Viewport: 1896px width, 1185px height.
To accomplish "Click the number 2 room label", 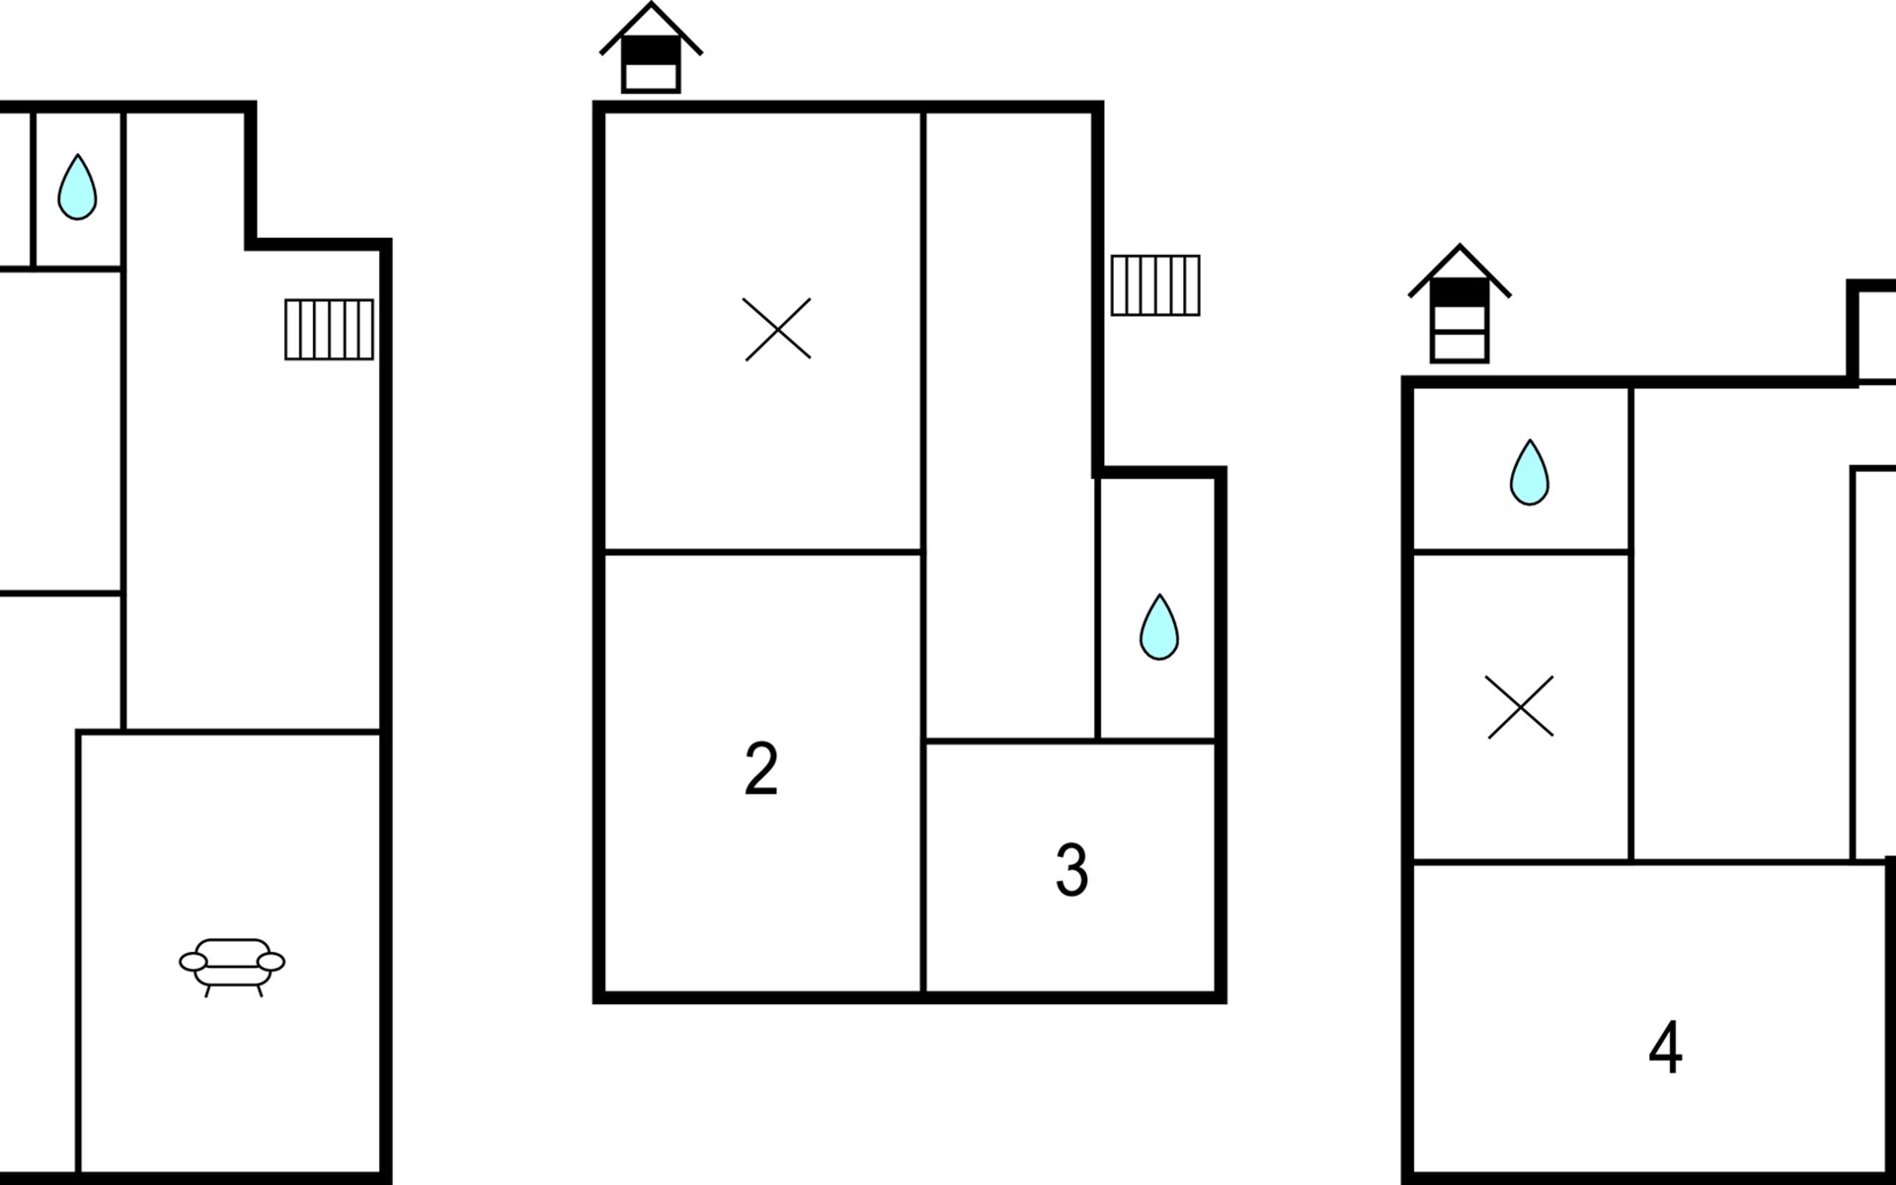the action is (x=761, y=768).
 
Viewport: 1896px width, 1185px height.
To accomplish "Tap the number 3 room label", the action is (x=1071, y=870).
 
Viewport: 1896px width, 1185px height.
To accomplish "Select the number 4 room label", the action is (x=1665, y=1047).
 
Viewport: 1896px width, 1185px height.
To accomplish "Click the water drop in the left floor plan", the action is (x=77, y=187).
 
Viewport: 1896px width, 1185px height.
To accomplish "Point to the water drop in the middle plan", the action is (x=1159, y=627).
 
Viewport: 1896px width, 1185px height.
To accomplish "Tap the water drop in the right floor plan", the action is (x=1530, y=473).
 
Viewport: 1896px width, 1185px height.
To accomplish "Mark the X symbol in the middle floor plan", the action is (x=777, y=329).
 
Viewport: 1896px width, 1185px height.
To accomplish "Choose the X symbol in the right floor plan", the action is (x=1520, y=707).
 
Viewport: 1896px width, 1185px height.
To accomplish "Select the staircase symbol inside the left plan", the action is (x=329, y=329).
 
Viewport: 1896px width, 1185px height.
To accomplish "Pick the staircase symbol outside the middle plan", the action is (x=1155, y=285).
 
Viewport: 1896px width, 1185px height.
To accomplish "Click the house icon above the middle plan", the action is (x=651, y=47).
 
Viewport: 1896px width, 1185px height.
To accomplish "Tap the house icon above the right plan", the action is (x=1460, y=303).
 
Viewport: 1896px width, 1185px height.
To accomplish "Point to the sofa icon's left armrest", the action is (x=194, y=962).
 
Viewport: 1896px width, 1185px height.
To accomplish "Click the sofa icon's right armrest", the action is (x=271, y=962).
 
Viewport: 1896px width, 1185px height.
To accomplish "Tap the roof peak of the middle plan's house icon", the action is (x=651, y=4).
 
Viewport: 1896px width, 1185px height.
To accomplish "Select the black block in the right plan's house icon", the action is (x=1460, y=292).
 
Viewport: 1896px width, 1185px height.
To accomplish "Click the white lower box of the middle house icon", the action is (x=651, y=77).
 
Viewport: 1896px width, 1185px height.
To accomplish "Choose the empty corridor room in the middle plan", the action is (x=1010, y=425).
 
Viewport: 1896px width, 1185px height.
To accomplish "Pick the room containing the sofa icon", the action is (x=230, y=954).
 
